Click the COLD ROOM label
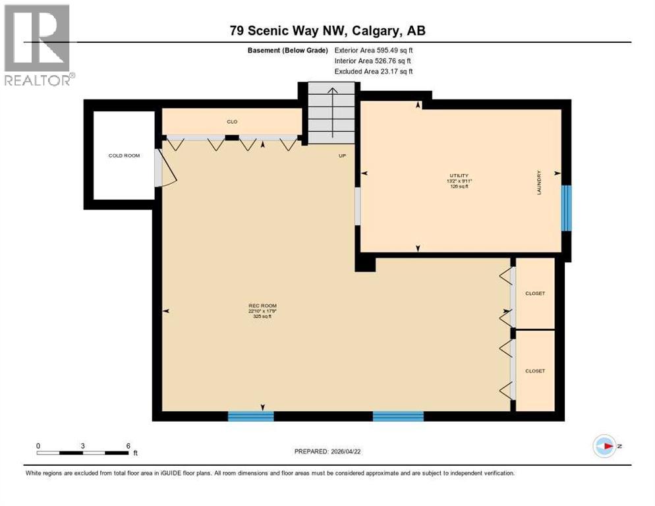click(124, 155)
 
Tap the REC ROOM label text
click(262, 306)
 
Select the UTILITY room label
click(459, 175)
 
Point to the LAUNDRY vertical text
click(539, 183)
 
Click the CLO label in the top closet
click(232, 122)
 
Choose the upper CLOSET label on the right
click(535, 293)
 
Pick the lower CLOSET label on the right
click(535, 371)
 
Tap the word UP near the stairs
click(342, 156)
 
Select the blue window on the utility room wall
click(566, 208)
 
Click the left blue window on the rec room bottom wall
click(250, 416)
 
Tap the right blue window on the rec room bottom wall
click(398, 416)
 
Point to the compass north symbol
click(604, 446)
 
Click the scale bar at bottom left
click(83, 451)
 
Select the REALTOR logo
click(38, 45)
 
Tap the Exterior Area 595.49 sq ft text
click(374, 50)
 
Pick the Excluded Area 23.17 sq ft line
click(374, 71)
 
